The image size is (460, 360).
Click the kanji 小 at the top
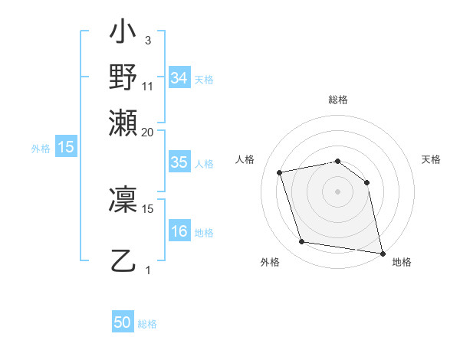[123, 33]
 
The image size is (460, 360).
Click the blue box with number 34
[179, 78]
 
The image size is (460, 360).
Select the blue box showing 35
[179, 162]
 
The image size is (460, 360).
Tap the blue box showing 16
[179, 232]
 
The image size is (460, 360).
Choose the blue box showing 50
[123, 323]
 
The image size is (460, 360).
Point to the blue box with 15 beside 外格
[66, 147]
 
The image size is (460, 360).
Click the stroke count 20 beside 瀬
[148, 132]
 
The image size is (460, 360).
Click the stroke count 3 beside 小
[147, 40]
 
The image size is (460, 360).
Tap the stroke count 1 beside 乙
[148, 270]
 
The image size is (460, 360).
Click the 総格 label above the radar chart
[338, 100]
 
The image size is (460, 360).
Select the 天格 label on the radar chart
[431, 159]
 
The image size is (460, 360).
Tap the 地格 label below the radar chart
[402, 262]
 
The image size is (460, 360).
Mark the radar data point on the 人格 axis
[280, 172]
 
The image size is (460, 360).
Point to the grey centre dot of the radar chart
[337, 191]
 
